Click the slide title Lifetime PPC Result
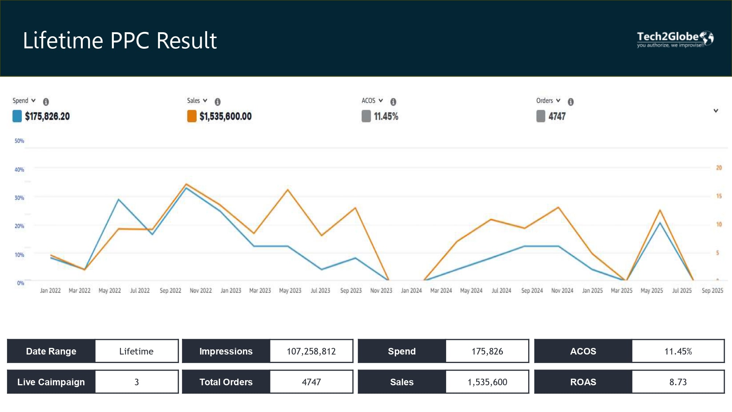coord(120,40)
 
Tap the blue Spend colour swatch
coord(17,116)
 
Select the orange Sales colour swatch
coord(192,116)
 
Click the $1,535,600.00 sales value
coord(225,116)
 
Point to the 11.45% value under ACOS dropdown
coord(386,116)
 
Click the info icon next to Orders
coord(571,101)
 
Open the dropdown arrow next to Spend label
coord(33,100)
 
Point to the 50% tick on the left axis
coord(19,141)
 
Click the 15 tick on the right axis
coord(719,196)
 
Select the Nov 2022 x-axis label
coord(201,290)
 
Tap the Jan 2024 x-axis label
coord(411,290)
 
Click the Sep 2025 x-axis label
coord(712,290)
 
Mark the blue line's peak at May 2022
coord(119,200)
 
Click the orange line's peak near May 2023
coord(288,190)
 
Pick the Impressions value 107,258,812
coord(311,351)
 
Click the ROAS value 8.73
coord(678,382)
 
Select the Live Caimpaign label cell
coord(51,382)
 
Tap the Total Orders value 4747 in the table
coord(311,382)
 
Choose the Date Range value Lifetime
coord(137,351)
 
